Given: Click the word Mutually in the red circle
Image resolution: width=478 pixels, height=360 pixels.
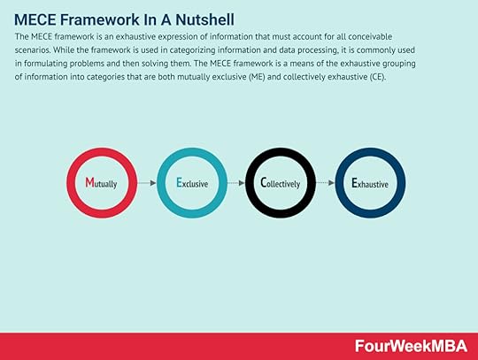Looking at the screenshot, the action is coord(101,183).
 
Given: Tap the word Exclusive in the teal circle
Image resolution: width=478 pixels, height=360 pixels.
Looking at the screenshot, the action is coord(192,183).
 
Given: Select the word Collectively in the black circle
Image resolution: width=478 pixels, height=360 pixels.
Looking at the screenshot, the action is coord(280,183).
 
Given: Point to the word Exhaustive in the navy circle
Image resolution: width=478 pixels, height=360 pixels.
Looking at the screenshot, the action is coord(370,183).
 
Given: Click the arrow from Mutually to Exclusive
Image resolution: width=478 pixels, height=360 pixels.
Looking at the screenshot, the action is coord(147,183).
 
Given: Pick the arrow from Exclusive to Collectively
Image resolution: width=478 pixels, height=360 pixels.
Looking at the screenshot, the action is coord(236,183).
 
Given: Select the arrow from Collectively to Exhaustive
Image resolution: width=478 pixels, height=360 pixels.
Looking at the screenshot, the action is coord(325,183).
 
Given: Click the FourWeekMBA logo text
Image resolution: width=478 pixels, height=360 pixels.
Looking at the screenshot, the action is coord(411,347).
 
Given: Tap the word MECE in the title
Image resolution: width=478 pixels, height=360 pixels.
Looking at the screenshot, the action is coord(35,19).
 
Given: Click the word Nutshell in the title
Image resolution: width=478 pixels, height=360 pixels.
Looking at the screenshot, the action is coord(204,19).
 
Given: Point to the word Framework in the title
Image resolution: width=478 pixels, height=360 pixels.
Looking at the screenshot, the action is coord(97,19).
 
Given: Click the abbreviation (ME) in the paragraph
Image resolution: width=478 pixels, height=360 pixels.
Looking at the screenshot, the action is coord(257,77).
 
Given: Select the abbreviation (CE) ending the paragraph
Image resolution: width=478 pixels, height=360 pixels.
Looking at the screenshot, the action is coord(378,77).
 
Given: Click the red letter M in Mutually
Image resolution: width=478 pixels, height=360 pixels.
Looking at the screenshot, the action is coord(89,182).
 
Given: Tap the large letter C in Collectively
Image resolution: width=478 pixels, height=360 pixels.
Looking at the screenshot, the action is coord(264,183).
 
